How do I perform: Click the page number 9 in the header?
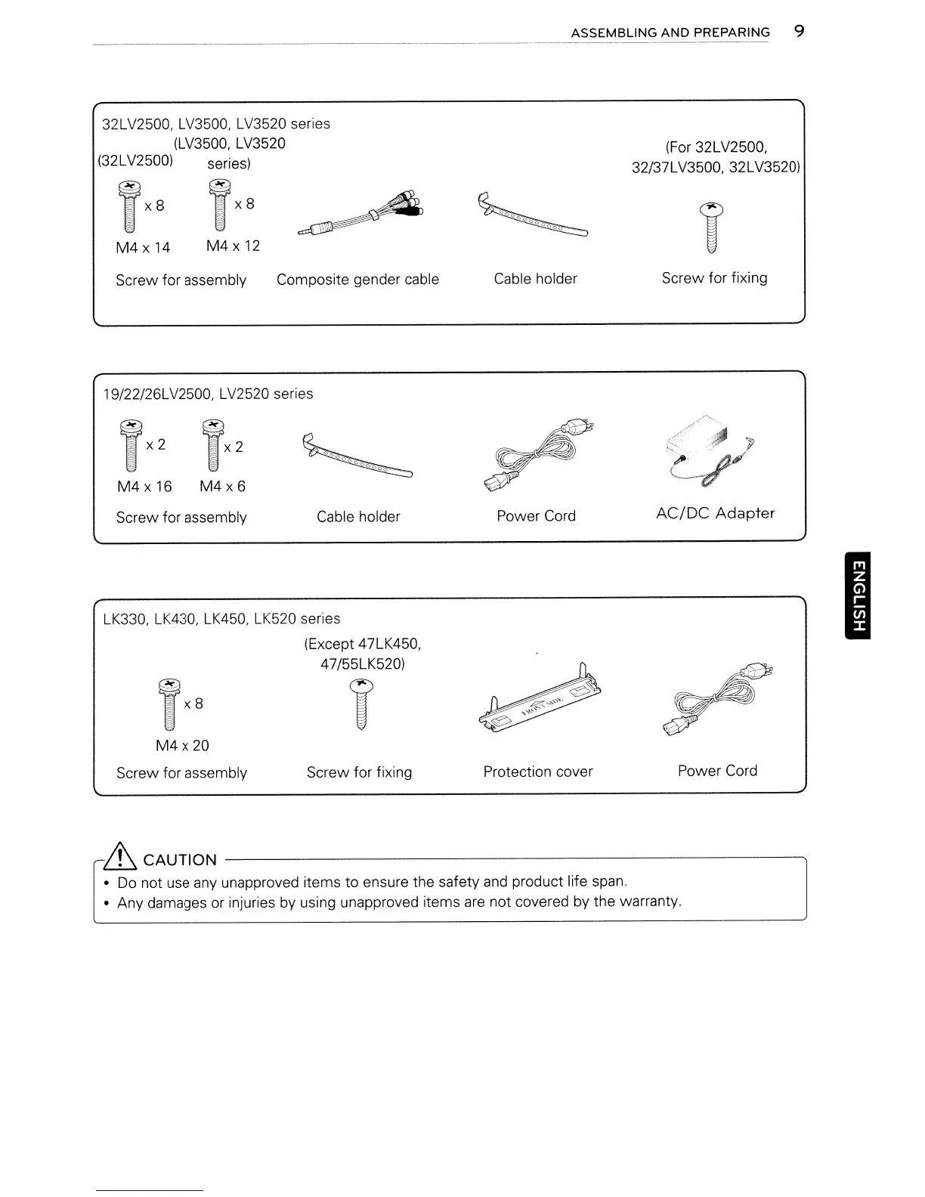click(x=799, y=32)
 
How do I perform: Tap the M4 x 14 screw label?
click(x=143, y=247)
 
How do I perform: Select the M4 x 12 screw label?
click(x=233, y=246)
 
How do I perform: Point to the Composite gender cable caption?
click(x=357, y=280)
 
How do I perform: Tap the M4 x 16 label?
click(x=144, y=487)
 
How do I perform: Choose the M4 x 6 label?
click(x=222, y=487)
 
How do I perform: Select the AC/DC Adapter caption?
click(x=715, y=514)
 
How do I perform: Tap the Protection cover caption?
click(x=538, y=772)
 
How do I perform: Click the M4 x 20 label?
click(x=182, y=746)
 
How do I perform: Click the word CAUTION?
click(x=180, y=860)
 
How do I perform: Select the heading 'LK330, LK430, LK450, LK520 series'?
click(x=221, y=619)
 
